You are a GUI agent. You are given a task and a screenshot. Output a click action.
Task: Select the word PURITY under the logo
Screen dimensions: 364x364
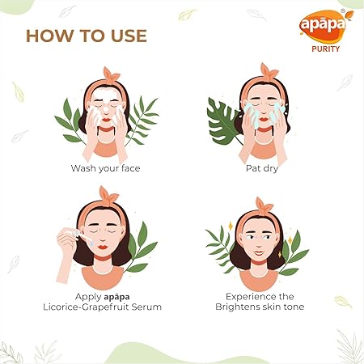pos(325,49)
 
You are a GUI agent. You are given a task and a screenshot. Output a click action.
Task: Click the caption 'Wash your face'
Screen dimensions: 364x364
pos(105,168)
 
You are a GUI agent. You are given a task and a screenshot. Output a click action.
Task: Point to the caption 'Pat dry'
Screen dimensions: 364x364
pos(262,168)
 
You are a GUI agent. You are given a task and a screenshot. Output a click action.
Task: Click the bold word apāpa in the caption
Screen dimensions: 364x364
pos(116,297)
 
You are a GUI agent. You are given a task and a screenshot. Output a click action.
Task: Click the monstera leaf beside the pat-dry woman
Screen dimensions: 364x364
pos(222,121)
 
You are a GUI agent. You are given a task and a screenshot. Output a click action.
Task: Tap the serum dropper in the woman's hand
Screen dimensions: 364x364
pos(82,236)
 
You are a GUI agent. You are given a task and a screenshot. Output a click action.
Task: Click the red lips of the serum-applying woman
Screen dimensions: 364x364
pos(103,247)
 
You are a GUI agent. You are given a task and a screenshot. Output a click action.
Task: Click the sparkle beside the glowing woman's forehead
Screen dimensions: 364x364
pos(231,226)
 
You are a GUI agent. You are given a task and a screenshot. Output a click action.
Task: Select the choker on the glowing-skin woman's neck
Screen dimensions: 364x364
pos(258,262)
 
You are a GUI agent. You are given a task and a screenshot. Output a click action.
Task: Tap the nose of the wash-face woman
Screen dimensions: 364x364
pos(106,110)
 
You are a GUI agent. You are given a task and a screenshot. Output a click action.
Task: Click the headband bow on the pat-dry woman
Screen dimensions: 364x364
pos(269,71)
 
